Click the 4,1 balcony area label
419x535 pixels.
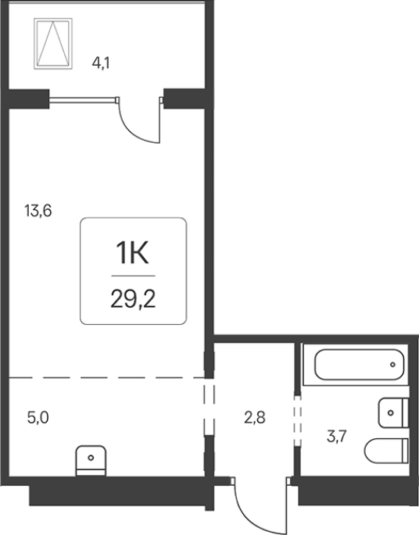click(x=101, y=63)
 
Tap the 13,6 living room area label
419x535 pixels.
click(x=38, y=211)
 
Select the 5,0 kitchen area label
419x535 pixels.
click(x=38, y=418)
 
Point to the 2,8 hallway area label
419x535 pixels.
click(x=255, y=418)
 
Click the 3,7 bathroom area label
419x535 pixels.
click(x=337, y=436)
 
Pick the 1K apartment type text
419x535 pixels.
click(x=132, y=253)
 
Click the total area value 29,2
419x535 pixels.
click(x=133, y=300)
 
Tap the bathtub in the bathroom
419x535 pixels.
click(x=359, y=365)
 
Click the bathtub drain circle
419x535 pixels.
click(x=392, y=365)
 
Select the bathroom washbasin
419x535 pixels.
click(x=393, y=412)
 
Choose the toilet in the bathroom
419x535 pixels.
click(x=387, y=451)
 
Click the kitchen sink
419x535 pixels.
click(x=91, y=460)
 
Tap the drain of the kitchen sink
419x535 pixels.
click(x=91, y=458)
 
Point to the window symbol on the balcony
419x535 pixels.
click(x=53, y=44)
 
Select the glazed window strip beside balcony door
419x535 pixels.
click(x=84, y=100)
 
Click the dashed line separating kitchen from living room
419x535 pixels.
click(x=106, y=378)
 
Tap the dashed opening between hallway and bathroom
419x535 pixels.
click(x=298, y=421)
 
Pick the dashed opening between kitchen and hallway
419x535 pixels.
click(x=209, y=407)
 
